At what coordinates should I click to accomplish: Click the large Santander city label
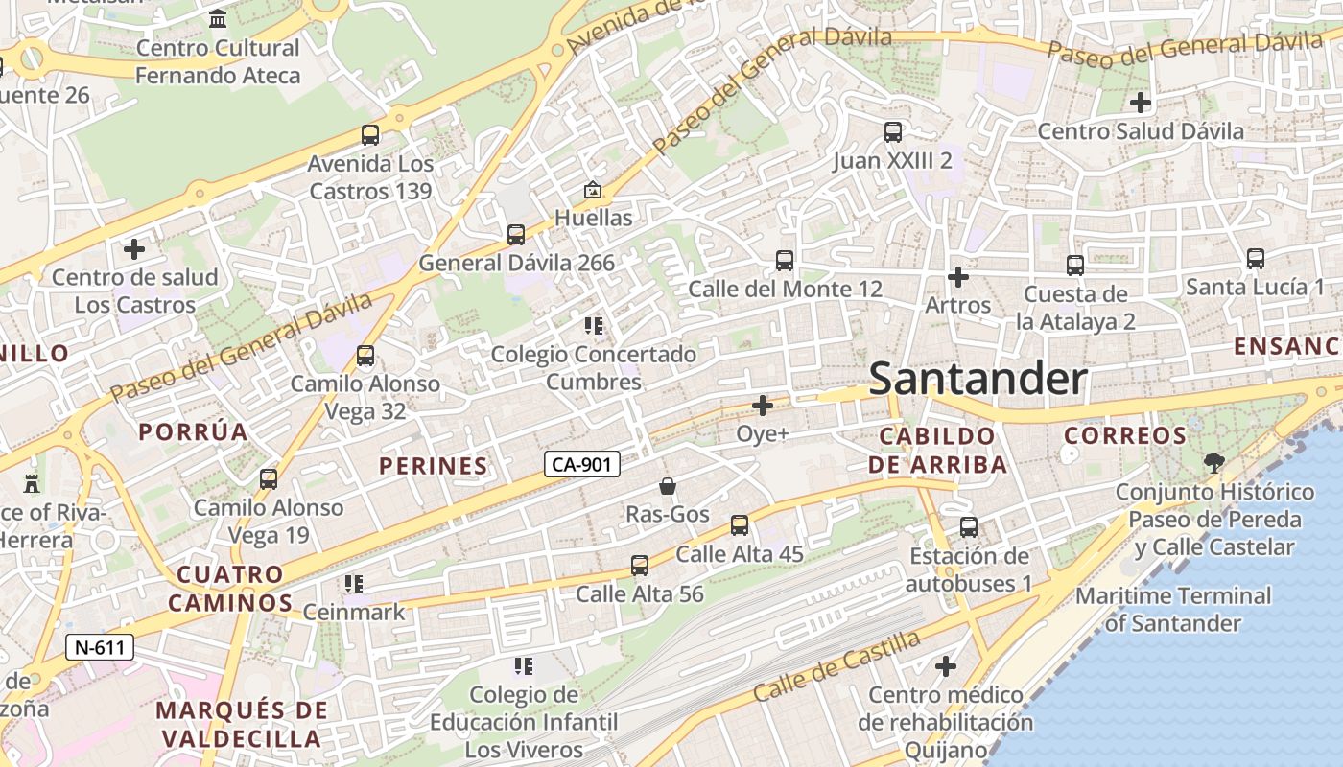[x=978, y=380]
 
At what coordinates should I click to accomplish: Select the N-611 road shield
[x=100, y=647]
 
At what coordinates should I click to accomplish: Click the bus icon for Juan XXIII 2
[x=893, y=132]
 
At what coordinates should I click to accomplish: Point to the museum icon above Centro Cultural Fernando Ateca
[x=218, y=19]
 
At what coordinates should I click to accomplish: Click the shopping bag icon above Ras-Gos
[x=668, y=487]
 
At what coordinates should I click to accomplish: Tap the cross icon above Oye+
[x=763, y=406]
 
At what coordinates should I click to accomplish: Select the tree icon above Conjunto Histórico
[x=1213, y=463]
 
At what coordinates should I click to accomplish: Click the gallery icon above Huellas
[x=593, y=190]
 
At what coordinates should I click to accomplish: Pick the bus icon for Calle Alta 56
[x=640, y=566]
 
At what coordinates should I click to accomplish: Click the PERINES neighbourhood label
[x=434, y=466]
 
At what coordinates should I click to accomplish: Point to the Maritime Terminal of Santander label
[x=1172, y=609]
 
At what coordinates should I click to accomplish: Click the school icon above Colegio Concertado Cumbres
[x=594, y=326]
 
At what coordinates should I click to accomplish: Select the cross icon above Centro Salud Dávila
[x=1141, y=102]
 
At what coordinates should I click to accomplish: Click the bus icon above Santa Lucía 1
[x=1255, y=259]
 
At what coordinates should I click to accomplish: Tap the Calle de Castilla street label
[x=836, y=665]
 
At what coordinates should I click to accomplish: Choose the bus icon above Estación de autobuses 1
[x=969, y=527]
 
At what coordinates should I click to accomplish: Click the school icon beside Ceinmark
[x=353, y=583]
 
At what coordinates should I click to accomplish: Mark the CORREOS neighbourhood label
[x=1125, y=435]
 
